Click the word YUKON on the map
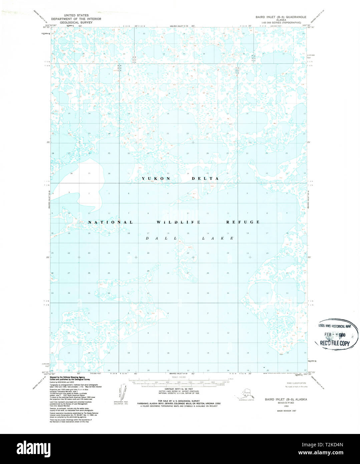(156, 179)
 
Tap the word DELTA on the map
(205, 179)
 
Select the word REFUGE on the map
(243, 222)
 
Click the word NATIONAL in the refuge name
(110, 222)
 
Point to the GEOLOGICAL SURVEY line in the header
(76, 22)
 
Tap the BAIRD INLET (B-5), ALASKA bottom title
(286, 399)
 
